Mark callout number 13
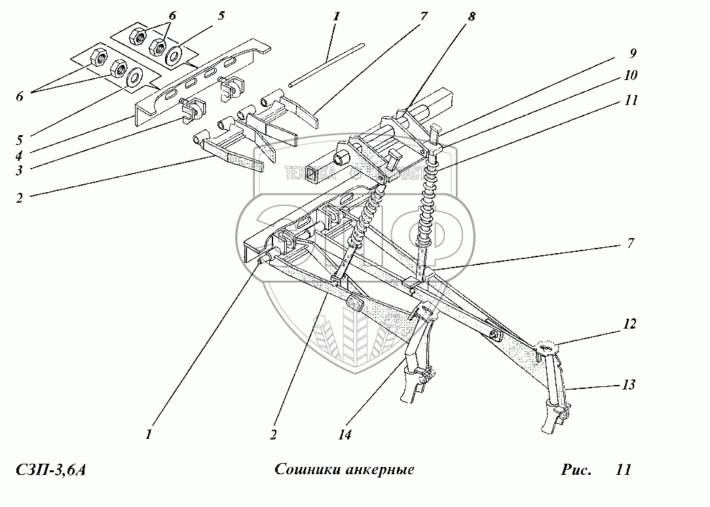628,384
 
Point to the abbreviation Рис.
576,470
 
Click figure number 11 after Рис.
623,470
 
